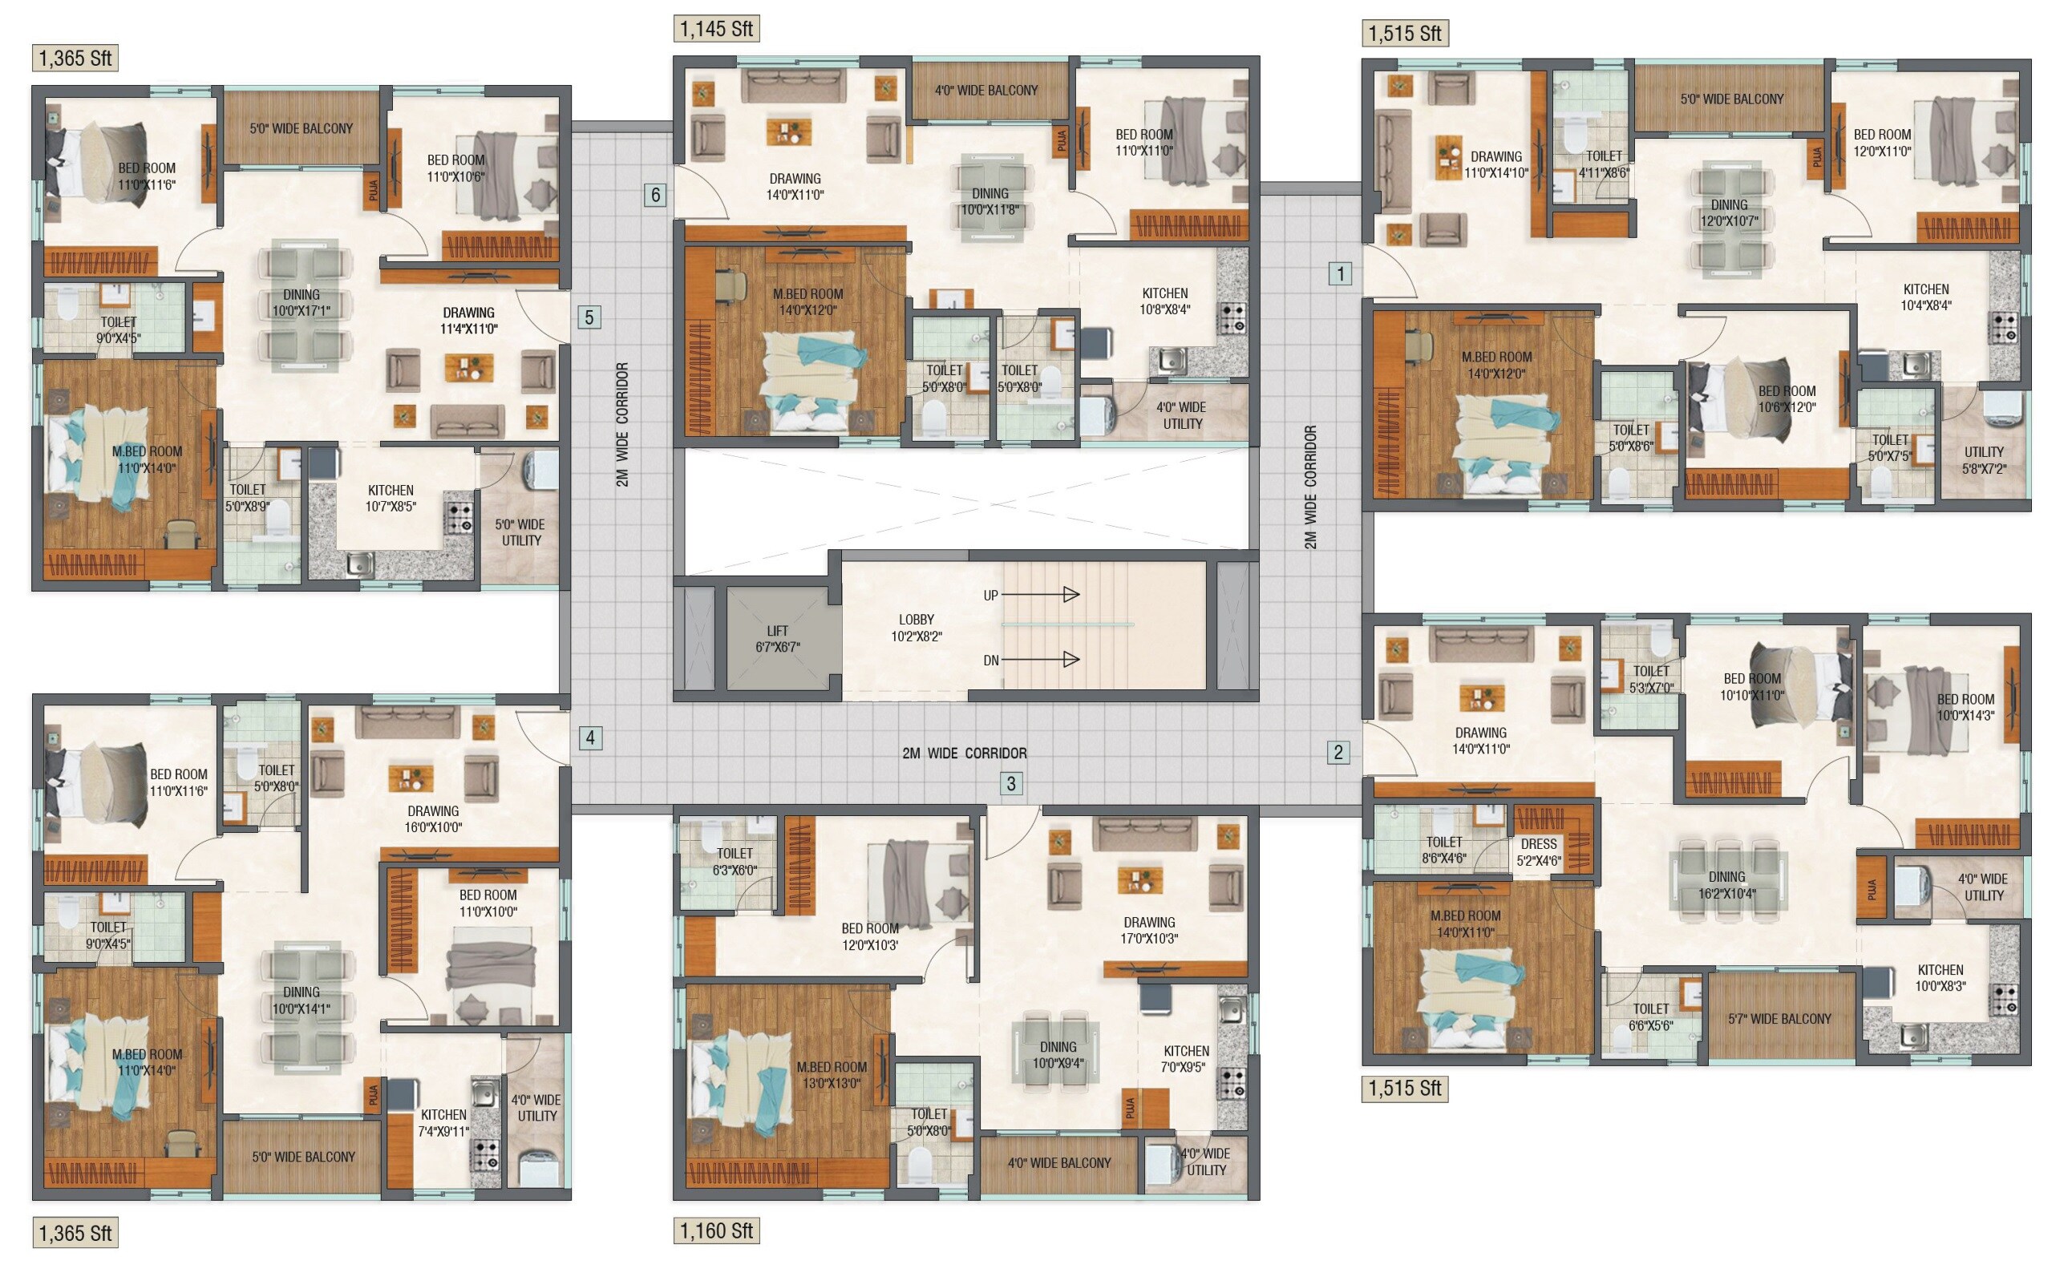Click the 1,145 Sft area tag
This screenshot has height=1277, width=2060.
[715, 29]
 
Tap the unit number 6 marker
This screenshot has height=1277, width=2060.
[655, 195]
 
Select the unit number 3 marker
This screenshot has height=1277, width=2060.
[1011, 783]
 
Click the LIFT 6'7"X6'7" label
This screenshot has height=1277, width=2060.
[777, 638]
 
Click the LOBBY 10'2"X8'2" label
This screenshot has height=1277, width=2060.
[916, 628]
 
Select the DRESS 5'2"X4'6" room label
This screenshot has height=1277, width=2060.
[1538, 851]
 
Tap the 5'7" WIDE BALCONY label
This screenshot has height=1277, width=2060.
[1779, 1019]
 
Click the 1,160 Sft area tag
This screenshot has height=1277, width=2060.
[715, 1231]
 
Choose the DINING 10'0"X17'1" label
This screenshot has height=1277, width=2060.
[302, 302]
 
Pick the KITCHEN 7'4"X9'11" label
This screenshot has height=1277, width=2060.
[443, 1122]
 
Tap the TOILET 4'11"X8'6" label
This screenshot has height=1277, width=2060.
[1603, 164]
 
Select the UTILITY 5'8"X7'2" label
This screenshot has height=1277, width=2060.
[1983, 459]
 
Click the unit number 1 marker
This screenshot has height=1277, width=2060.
[1340, 273]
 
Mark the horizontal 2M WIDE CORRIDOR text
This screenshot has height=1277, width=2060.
[965, 753]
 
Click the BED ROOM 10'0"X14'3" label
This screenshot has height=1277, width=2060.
[1965, 707]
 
